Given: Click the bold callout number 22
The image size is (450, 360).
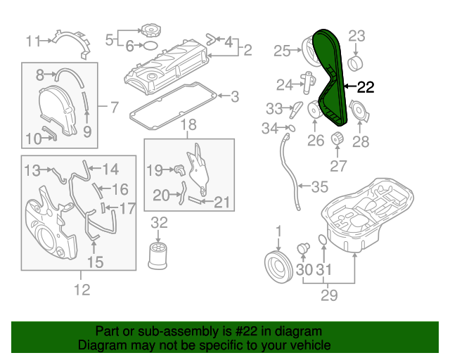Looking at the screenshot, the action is pyautogui.click(x=366, y=87).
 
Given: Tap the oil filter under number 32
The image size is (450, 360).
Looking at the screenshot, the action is pyautogui.click(x=157, y=256).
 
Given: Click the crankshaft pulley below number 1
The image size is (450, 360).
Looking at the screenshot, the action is pyautogui.click(x=278, y=266).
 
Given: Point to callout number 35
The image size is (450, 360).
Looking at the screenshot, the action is pyautogui.click(x=320, y=186).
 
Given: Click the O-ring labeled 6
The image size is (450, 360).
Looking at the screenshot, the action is pyautogui.click(x=150, y=45).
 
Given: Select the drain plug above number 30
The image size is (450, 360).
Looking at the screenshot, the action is pyautogui.click(x=303, y=248).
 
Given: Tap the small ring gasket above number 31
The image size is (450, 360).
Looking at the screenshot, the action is pyautogui.click(x=323, y=240).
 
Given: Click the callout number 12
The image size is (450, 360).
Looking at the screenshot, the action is pyautogui.click(x=82, y=290).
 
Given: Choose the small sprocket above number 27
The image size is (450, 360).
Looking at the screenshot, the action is pyautogui.click(x=337, y=139).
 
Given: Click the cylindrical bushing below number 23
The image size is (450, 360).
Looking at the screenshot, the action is pyautogui.click(x=355, y=64).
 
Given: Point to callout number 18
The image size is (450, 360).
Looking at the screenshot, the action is pyautogui.click(x=188, y=125).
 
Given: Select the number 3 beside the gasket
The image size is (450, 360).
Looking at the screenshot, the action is pyautogui.click(x=235, y=96).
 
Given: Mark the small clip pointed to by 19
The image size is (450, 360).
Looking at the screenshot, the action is pyautogui.click(x=180, y=170).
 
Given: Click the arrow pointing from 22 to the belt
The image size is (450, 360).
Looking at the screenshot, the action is pyautogui.click(x=350, y=86).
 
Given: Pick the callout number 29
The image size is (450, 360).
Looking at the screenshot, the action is pyautogui.click(x=329, y=295).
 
